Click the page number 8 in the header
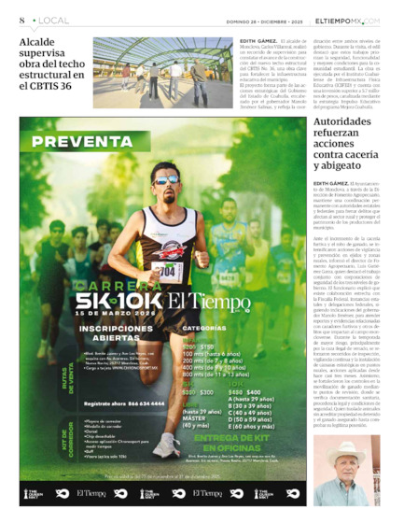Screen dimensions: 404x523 [21, 20]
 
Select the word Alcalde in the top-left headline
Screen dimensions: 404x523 [41, 43]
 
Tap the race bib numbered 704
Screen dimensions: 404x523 [168, 272]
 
